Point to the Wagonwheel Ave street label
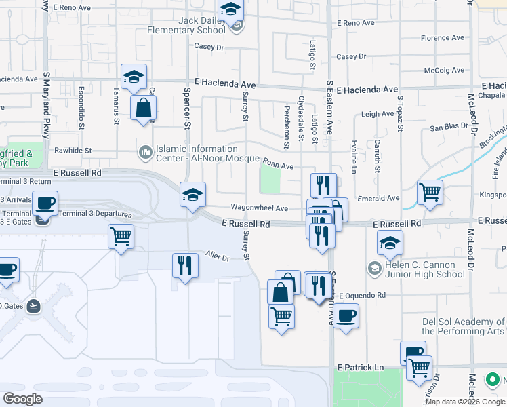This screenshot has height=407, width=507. pyautogui.click(x=260, y=208)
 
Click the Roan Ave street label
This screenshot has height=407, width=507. pyautogui.click(x=278, y=165)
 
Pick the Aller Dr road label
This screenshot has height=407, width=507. pyautogui.click(x=218, y=257)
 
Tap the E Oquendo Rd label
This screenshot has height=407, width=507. pyautogui.click(x=361, y=296)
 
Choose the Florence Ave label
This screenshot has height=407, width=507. pyautogui.click(x=443, y=38)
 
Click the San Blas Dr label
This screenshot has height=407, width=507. pyautogui.click(x=449, y=128)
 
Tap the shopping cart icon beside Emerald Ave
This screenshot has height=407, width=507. pyautogui.click(x=430, y=193)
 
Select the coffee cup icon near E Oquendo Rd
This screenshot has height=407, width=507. pyautogui.click(x=346, y=315)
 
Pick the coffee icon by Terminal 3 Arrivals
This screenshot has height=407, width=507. pyautogui.click(x=45, y=203)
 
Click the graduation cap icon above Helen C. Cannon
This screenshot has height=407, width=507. pyautogui.click(x=390, y=242)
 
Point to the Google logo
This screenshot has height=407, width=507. pyautogui.click(x=23, y=399)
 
